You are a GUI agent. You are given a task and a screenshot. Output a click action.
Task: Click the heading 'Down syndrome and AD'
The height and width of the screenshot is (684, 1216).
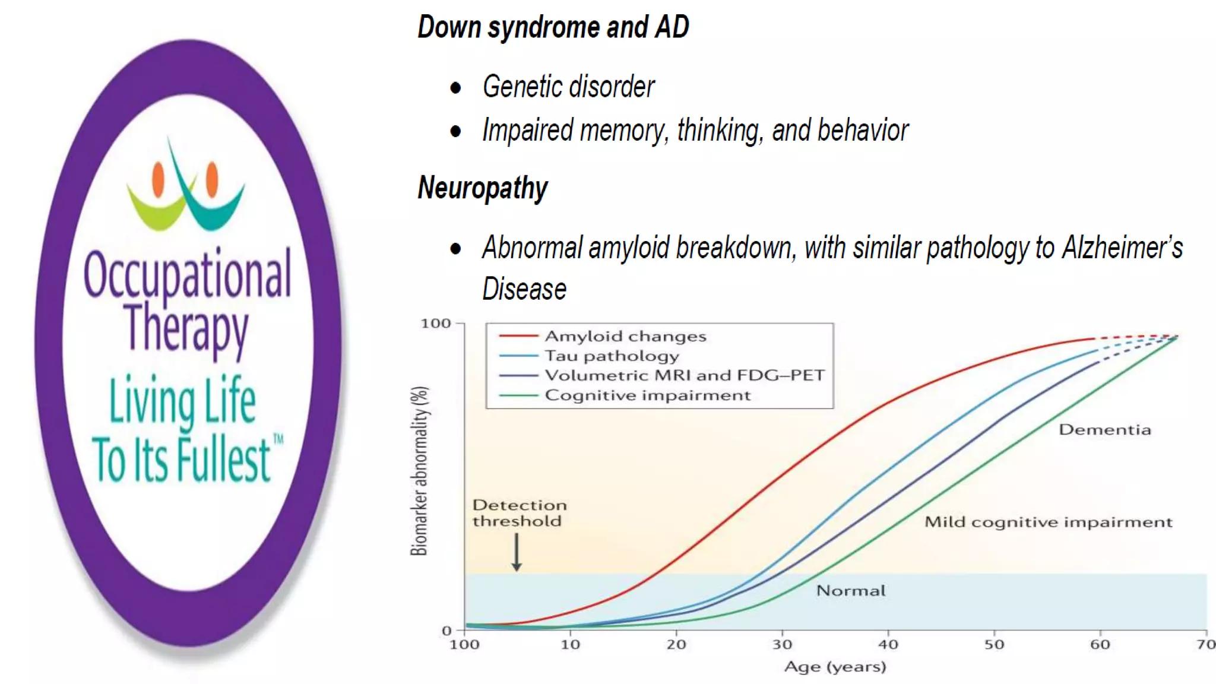click(553, 27)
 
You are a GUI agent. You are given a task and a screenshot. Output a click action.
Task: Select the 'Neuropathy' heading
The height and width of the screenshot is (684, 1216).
click(483, 188)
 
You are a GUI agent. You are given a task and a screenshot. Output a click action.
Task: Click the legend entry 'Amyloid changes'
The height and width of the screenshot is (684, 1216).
click(625, 336)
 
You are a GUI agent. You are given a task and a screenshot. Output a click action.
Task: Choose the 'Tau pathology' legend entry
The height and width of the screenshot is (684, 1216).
click(612, 356)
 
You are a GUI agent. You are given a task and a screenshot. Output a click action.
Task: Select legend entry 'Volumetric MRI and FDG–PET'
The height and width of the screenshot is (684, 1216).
click(685, 375)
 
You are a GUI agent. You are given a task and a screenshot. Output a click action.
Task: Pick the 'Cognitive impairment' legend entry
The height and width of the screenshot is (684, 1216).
click(647, 395)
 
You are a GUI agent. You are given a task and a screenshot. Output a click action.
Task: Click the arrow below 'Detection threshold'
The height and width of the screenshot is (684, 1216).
click(517, 552)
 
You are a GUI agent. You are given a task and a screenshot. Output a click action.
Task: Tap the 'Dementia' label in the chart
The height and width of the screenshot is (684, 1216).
click(1104, 429)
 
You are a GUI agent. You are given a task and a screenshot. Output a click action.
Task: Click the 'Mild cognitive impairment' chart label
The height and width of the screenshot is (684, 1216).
click(1048, 522)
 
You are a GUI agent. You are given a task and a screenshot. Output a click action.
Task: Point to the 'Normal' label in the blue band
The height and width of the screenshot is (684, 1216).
click(850, 590)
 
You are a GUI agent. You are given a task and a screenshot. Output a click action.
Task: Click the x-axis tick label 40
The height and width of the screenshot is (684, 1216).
click(888, 645)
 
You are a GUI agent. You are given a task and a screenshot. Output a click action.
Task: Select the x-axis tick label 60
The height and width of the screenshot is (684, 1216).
click(1100, 645)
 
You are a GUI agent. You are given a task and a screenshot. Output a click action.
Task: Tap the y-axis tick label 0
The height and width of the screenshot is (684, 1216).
click(446, 631)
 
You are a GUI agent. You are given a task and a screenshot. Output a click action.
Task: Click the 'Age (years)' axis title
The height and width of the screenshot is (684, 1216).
click(835, 667)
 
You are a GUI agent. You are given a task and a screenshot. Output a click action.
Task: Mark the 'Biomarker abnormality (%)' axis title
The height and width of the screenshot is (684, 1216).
click(419, 471)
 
